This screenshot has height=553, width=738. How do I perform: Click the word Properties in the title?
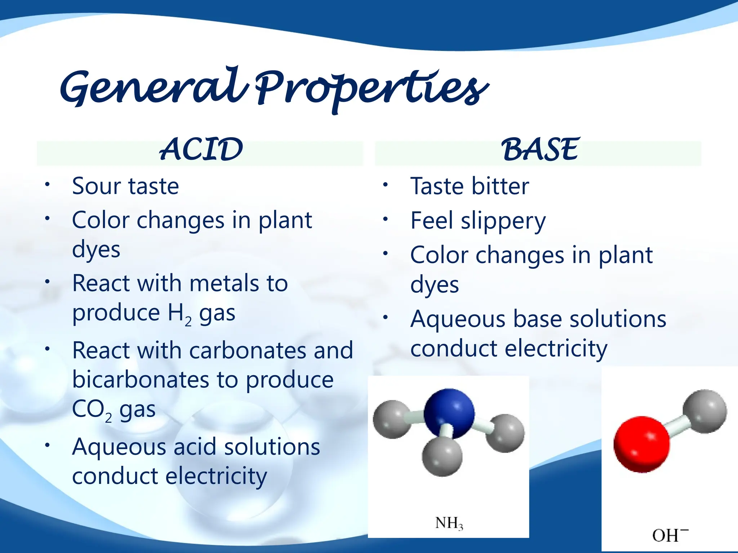(x=371, y=90)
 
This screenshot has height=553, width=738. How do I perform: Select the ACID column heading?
(x=201, y=149)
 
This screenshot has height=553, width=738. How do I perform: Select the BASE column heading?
(x=539, y=149)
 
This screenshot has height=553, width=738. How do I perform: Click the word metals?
(x=223, y=283)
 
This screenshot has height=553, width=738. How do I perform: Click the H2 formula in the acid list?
(x=179, y=313)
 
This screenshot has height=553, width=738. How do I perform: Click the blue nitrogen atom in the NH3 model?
(x=449, y=413)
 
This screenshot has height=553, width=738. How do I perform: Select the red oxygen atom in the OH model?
(x=641, y=444)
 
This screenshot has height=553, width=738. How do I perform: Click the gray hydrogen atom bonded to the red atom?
(x=704, y=411)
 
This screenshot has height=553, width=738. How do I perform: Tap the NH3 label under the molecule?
(x=449, y=523)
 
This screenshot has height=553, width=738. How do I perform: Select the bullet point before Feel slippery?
(x=385, y=219)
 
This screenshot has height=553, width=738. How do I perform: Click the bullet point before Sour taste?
(x=47, y=185)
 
